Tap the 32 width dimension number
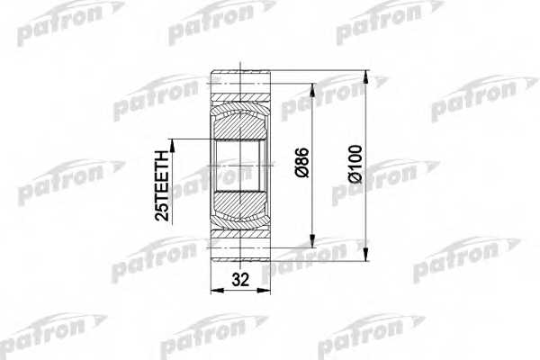click(x=240, y=279)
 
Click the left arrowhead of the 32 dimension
click(x=215, y=290)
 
